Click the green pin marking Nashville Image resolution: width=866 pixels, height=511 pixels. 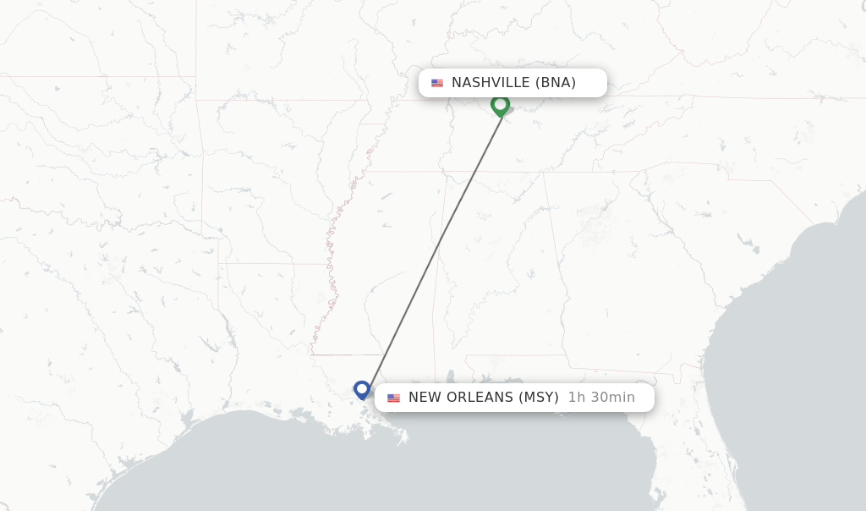(x=500, y=105)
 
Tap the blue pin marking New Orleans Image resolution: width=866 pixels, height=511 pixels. (x=362, y=389)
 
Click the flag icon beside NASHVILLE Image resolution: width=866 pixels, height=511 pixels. (x=437, y=83)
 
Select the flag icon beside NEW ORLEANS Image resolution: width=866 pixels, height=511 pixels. (x=393, y=398)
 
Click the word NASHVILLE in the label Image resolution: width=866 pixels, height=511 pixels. (x=491, y=83)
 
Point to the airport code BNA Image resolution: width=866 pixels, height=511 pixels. (x=556, y=83)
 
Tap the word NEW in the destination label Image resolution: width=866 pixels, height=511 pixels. (x=425, y=398)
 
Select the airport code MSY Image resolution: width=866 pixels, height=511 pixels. (x=539, y=398)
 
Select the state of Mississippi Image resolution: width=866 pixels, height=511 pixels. (x=389, y=271)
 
